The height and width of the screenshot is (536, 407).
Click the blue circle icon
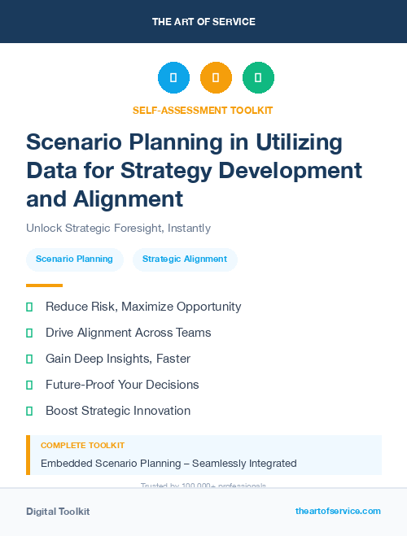pos(173,78)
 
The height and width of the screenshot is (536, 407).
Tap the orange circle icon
pos(216,78)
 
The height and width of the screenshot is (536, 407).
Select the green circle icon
pos(258,78)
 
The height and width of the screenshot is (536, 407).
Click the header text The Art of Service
pos(203,21)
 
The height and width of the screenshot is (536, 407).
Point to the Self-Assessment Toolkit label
pos(203,110)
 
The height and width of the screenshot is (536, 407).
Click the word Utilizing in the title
pos(300,142)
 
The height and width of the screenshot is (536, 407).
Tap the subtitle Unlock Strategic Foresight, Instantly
pos(118,229)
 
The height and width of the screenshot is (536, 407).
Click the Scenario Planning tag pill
pos(75,259)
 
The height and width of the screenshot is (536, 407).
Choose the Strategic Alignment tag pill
pos(185,259)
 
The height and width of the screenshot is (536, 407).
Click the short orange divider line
pos(44,285)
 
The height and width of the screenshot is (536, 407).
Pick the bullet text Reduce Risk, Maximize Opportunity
pos(143,307)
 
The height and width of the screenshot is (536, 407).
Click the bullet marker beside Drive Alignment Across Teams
pos(29,333)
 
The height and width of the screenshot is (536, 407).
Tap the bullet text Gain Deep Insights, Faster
pos(118,359)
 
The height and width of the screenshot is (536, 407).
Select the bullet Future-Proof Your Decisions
pos(122,385)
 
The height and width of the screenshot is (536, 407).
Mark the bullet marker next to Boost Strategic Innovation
pos(29,411)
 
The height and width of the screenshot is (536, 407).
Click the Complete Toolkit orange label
pos(82,446)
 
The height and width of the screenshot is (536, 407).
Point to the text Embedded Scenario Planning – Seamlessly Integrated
pos(168,464)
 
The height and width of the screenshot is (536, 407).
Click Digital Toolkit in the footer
pos(58,512)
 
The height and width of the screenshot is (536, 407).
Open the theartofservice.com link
pos(338,511)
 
